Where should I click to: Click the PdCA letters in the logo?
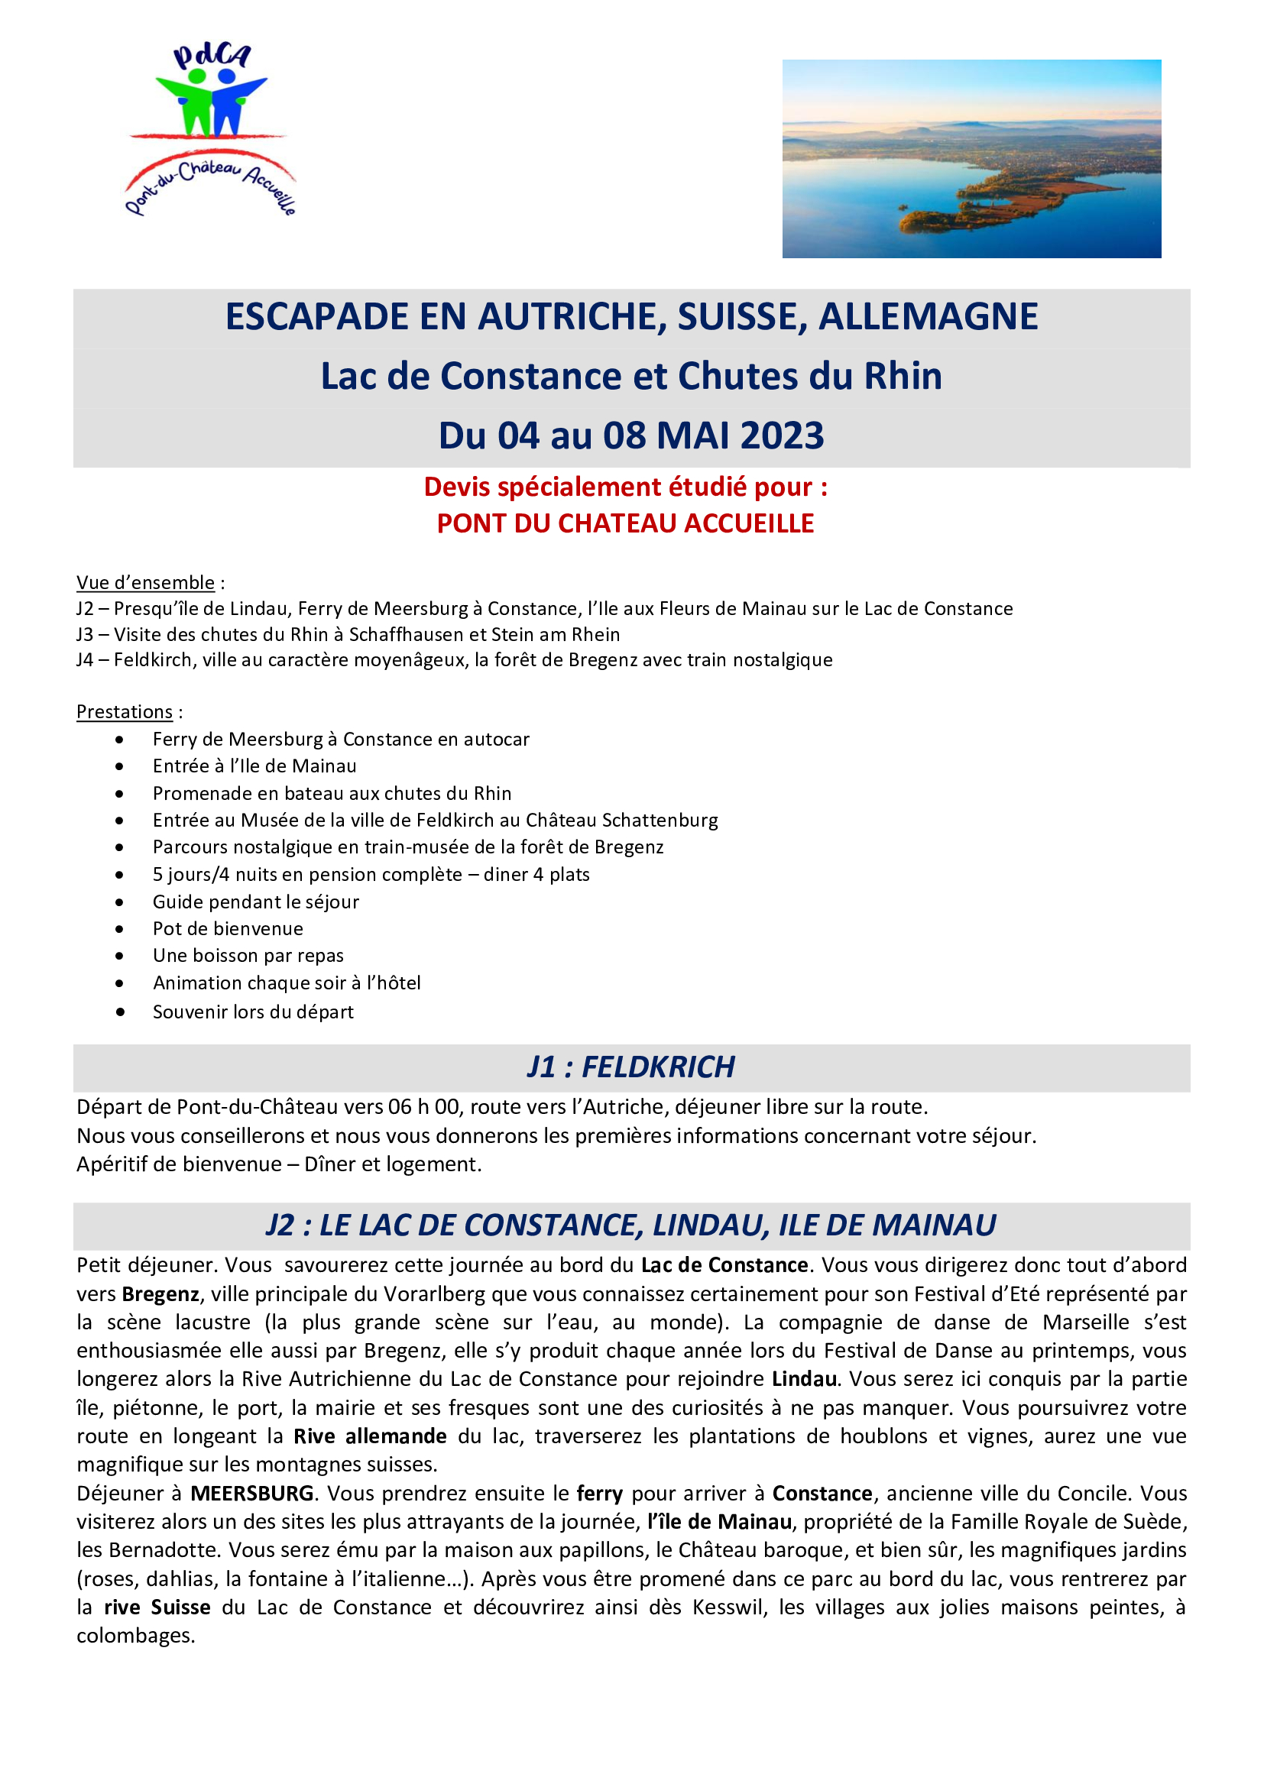[212, 56]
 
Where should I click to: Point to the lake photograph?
[971, 159]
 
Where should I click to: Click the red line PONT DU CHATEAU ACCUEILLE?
[625, 524]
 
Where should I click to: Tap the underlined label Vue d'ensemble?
[145, 583]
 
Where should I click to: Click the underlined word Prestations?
[125, 712]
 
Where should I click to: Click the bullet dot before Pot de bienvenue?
[119, 929]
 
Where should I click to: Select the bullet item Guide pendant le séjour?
[255, 902]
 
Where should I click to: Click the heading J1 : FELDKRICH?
[630, 1067]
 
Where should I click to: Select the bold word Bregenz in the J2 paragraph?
[160, 1294]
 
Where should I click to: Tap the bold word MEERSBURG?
[252, 1494]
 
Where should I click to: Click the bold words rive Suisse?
[157, 1608]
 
